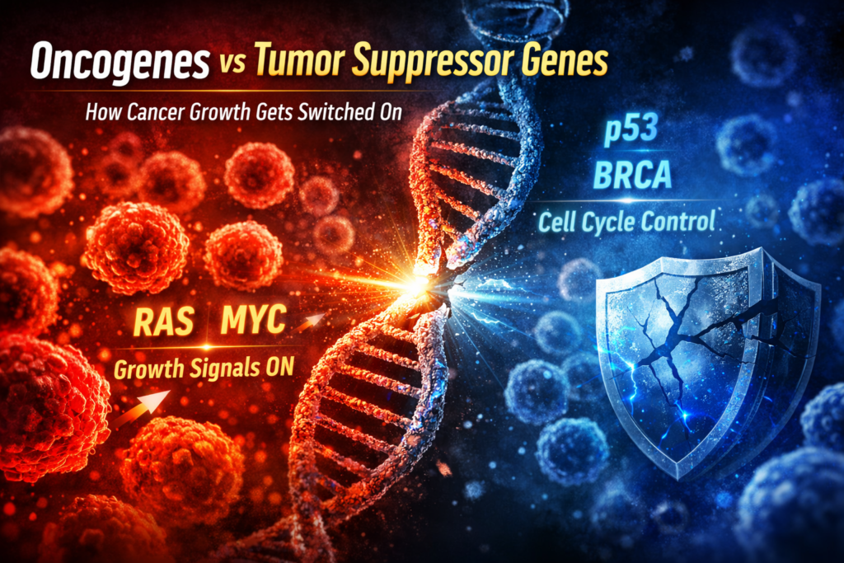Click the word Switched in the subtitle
(x=324, y=111)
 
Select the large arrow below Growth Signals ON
(x=141, y=406)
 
